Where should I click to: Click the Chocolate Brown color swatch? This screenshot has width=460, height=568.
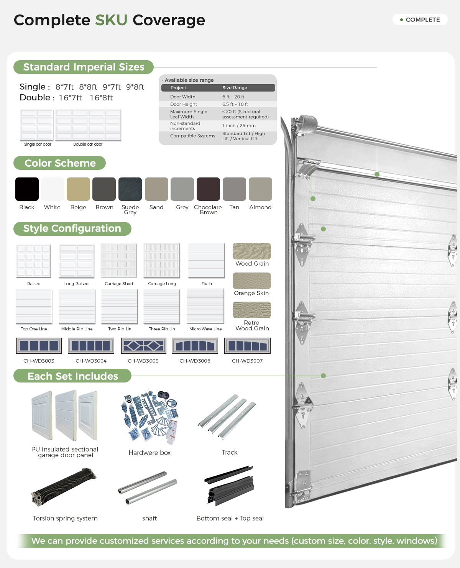click(208, 189)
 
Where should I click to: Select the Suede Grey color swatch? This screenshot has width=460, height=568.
click(130, 189)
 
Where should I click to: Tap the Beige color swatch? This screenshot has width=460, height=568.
click(79, 189)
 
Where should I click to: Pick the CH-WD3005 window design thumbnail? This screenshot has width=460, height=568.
click(144, 346)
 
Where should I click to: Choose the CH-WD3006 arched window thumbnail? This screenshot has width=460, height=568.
click(195, 346)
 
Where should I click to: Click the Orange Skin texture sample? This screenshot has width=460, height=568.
click(252, 281)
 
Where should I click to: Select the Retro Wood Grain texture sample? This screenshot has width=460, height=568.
click(252, 310)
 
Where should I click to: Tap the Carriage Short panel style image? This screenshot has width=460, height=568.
click(119, 261)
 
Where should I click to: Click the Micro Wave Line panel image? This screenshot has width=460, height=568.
click(205, 306)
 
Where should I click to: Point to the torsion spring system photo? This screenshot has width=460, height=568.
click(64, 487)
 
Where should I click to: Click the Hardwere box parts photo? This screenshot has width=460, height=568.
click(149, 418)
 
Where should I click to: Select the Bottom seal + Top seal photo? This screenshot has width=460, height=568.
click(229, 486)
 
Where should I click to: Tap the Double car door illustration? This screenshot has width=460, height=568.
click(88, 125)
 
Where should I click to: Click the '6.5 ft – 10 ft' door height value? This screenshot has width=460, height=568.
click(235, 104)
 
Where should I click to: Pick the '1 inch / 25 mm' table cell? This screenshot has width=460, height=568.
click(239, 126)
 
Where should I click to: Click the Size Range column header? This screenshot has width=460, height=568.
click(235, 88)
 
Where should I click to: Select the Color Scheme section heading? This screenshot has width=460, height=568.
click(60, 163)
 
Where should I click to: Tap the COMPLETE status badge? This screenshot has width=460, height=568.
click(420, 20)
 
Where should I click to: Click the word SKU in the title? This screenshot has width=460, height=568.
click(111, 20)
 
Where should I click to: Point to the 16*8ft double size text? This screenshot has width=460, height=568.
click(101, 98)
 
